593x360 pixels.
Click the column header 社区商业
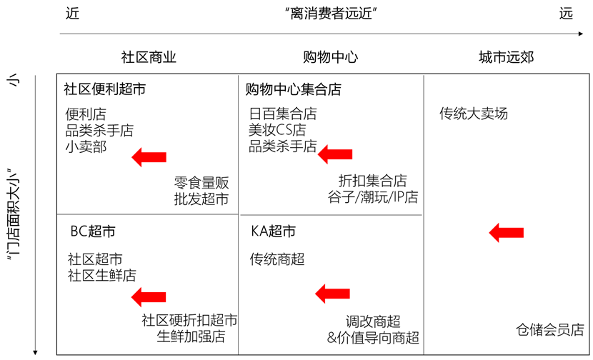tap(149, 57)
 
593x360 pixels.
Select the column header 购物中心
tap(330, 57)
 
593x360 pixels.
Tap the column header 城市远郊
tap(506, 57)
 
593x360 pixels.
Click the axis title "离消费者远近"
tap(330, 14)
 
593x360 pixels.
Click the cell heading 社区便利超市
tap(104, 90)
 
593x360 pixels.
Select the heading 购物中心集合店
tap(293, 90)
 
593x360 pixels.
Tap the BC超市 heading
tap(93, 232)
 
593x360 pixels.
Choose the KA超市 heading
tap(273, 232)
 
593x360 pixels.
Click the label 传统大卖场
tap(474, 114)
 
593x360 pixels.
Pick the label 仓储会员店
tap(550, 330)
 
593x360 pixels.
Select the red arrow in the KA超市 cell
tap(333, 291)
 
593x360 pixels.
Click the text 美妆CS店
tap(277, 130)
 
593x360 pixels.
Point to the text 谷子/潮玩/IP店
tap(373, 198)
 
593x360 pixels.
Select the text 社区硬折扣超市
tap(189, 321)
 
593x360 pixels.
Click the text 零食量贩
tap(201, 183)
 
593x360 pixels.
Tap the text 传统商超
tap(277, 259)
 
